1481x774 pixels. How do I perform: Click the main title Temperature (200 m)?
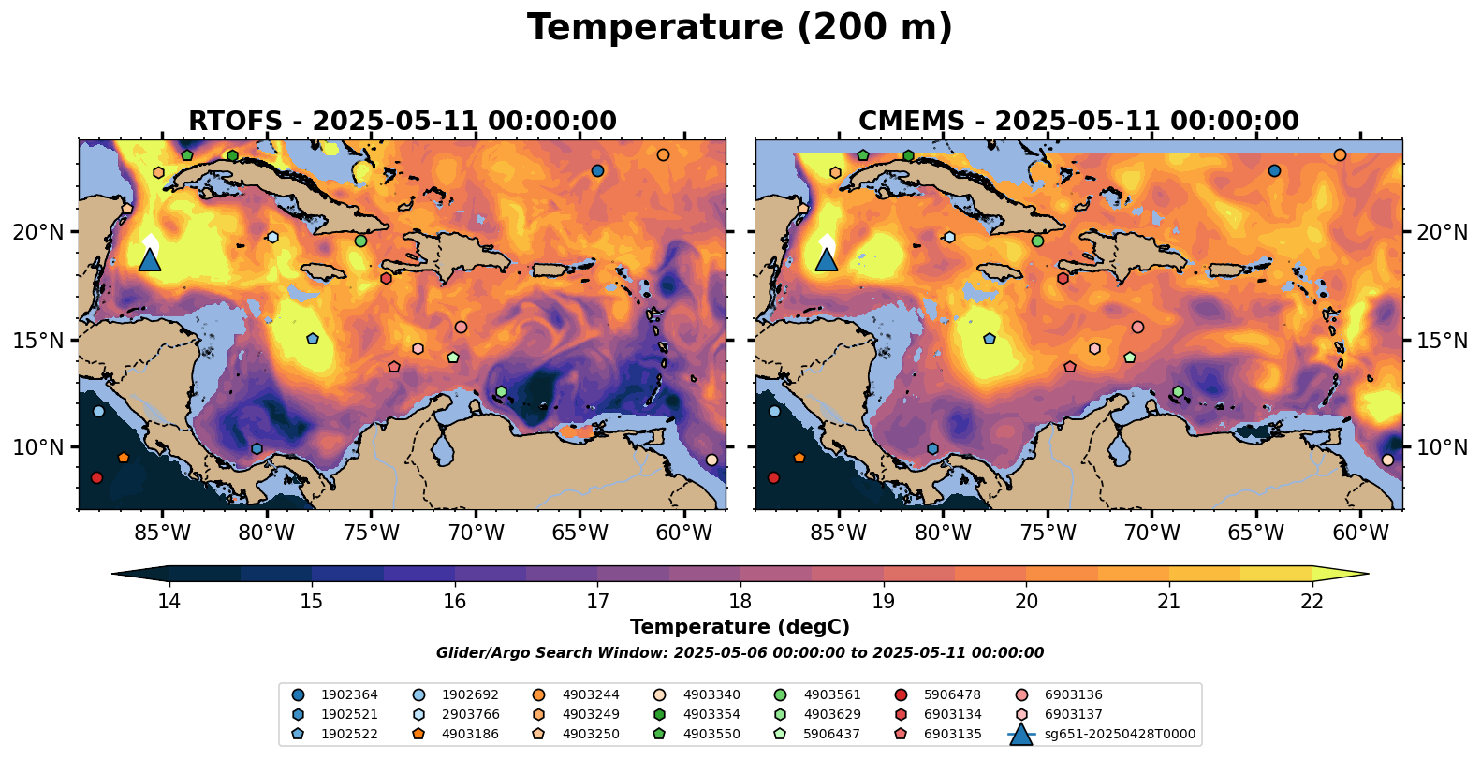(x=740, y=28)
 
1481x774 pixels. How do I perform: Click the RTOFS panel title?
(x=403, y=122)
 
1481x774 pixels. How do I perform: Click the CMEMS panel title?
(x=1078, y=122)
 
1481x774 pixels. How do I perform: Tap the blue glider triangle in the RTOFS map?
(x=150, y=259)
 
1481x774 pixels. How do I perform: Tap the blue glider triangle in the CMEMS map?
(x=827, y=259)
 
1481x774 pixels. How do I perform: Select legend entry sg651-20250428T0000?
(x=1120, y=735)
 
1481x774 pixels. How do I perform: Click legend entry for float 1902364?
(x=349, y=695)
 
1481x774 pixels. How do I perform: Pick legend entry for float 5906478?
(x=952, y=695)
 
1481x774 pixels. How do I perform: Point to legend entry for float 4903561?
(x=831, y=695)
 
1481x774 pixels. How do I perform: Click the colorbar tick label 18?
(x=740, y=601)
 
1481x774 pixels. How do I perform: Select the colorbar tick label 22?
(x=1312, y=601)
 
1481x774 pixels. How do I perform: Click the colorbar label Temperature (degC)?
(x=740, y=627)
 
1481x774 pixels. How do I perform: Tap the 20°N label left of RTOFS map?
(x=38, y=232)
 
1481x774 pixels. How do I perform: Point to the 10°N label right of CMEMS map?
(x=1443, y=447)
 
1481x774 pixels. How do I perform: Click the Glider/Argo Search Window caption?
(x=740, y=653)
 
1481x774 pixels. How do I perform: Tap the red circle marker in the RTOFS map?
(x=96, y=477)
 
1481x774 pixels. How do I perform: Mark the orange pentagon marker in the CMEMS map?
(x=799, y=458)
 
